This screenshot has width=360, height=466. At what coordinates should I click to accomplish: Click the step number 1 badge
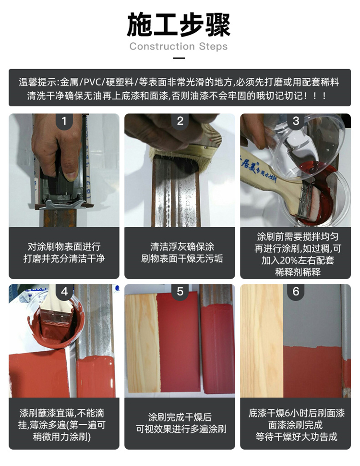[64, 121]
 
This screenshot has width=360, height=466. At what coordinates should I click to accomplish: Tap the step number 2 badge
[180, 121]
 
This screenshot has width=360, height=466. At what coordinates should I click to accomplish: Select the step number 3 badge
[296, 121]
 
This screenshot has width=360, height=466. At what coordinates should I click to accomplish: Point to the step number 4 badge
[64, 292]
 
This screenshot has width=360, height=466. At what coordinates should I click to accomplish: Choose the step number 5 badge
[180, 292]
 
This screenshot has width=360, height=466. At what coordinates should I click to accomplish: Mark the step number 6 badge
[296, 292]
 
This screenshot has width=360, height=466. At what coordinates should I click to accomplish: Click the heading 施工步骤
[179, 25]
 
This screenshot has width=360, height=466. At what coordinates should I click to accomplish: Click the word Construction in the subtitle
[162, 47]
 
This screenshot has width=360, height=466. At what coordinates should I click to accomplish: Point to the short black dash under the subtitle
[179, 58]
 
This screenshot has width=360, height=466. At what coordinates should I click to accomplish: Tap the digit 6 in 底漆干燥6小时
[288, 413]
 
